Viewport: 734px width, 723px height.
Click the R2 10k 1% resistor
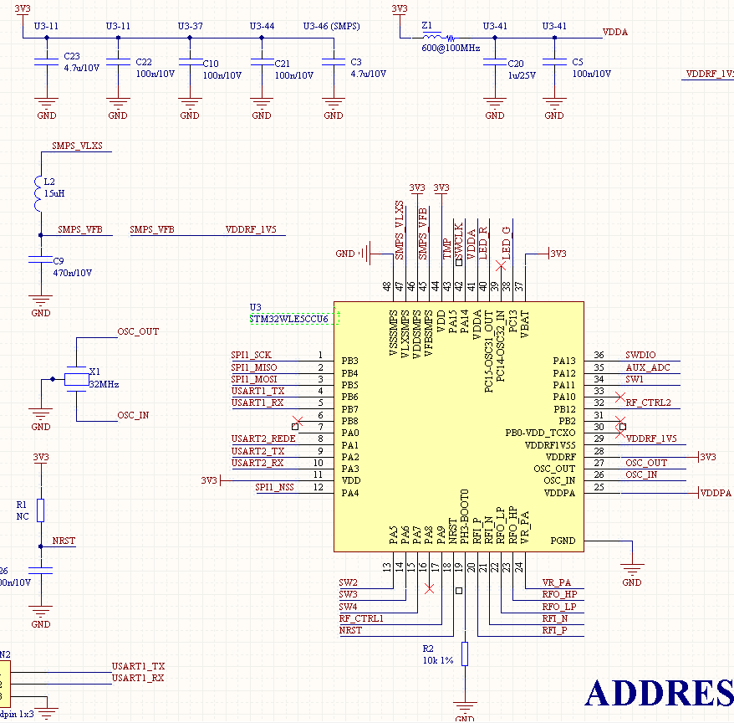pyautogui.click(x=465, y=654)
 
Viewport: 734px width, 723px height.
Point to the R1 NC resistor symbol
pyautogui.click(x=41, y=510)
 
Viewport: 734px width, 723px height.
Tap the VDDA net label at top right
pyautogui.click(x=615, y=33)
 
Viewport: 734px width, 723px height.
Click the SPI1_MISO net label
pyautogui.click(x=254, y=367)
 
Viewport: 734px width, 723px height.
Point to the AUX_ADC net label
pyautogui.click(x=647, y=367)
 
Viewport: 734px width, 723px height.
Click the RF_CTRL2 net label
pyautogui.click(x=648, y=403)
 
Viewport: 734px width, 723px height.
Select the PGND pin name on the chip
pyautogui.click(x=563, y=541)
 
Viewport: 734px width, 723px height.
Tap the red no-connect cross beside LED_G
pyautogui.click(x=501, y=266)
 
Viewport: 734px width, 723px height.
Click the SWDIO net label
pyautogui.click(x=640, y=356)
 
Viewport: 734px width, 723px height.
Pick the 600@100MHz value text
pyautogui.click(x=451, y=49)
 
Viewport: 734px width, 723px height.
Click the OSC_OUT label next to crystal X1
pyautogui.click(x=138, y=331)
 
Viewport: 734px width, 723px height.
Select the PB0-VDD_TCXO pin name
pyautogui.click(x=540, y=433)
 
